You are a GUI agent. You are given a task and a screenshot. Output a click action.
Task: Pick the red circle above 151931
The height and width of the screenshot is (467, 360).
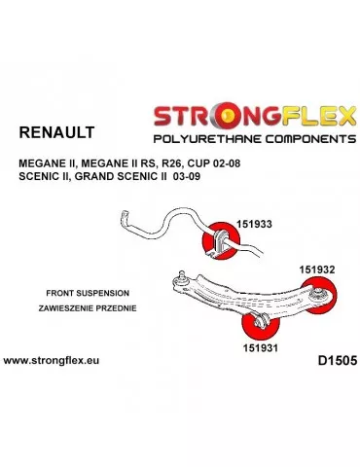260,323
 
